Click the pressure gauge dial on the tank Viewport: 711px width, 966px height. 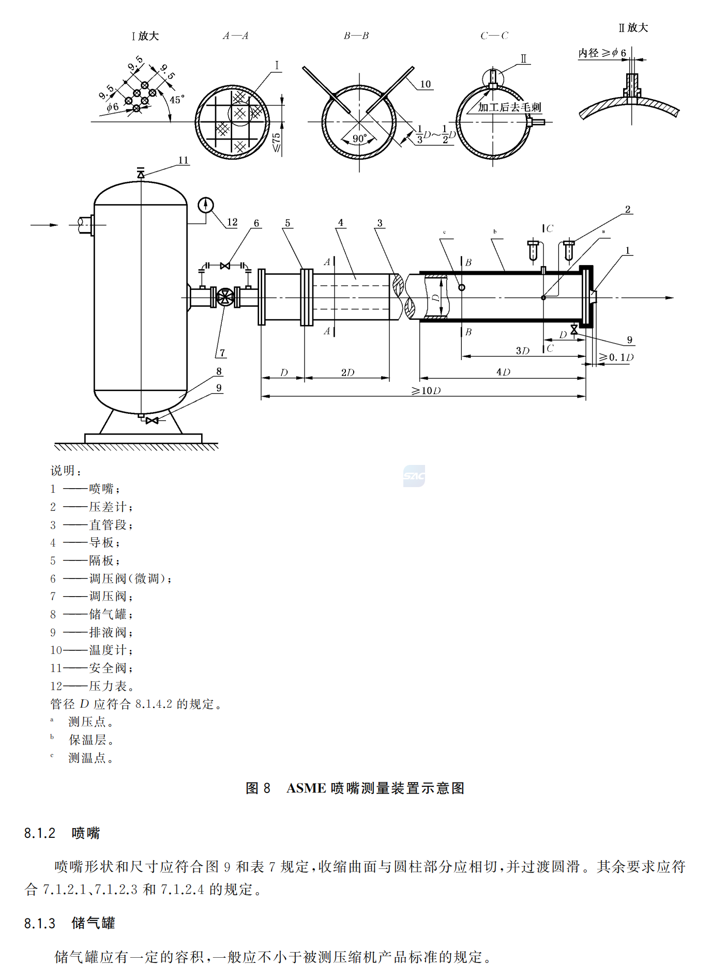click(205, 205)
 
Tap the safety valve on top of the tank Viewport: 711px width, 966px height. click(141, 174)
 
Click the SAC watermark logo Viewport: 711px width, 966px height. click(414, 476)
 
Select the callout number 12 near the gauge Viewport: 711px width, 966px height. click(232, 222)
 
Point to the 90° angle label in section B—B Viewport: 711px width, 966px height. click(359, 139)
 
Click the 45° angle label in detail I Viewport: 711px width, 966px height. click(177, 100)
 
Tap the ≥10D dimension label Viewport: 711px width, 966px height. click(426, 391)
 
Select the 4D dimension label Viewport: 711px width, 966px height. click(503, 372)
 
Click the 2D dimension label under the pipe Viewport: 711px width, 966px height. click(347, 372)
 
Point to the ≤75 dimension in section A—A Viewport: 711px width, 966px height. click(277, 142)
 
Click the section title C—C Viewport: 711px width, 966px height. click(494, 36)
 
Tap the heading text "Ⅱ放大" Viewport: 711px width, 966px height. click(633, 28)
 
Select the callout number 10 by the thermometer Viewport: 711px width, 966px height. click(425, 84)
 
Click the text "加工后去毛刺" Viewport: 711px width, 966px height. click(509, 107)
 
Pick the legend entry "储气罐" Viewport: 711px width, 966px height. click(108, 614)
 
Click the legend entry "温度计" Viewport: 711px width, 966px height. click(108, 650)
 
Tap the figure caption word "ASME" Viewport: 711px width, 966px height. click(306, 788)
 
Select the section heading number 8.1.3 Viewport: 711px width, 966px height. click(40, 923)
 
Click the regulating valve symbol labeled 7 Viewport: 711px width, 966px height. click(225, 297)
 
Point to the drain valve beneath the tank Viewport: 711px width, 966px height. click(152, 421)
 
